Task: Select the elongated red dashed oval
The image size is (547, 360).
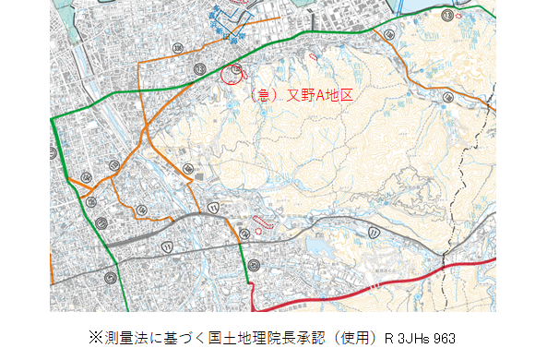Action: coord(264,221)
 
